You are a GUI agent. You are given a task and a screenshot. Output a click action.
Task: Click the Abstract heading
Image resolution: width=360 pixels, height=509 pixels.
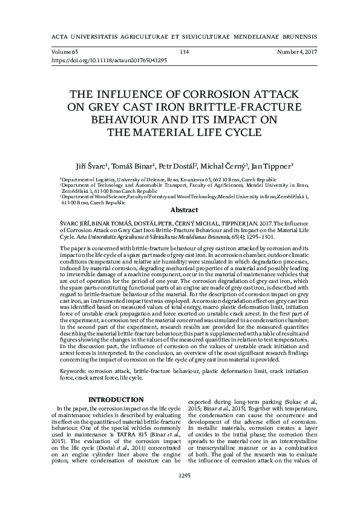pos(185,210)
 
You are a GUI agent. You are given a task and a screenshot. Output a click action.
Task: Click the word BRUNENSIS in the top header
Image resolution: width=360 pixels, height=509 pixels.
pos(287,36)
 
